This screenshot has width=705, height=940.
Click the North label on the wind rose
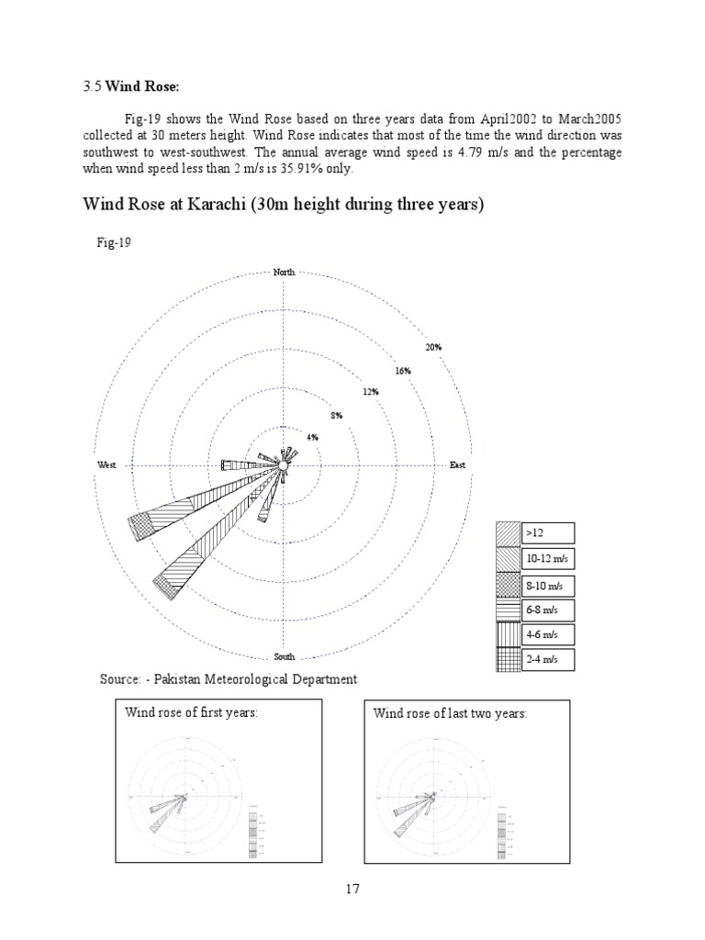pyautogui.click(x=285, y=272)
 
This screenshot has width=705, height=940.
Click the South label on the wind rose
pyautogui.click(x=285, y=657)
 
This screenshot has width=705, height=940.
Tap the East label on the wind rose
pyautogui.click(x=457, y=465)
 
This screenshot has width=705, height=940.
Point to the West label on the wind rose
pyautogui.click(x=106, y=465)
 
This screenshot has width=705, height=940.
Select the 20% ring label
pyautogui.click(x=433, y=347)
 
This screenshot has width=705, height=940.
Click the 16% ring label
pyautogui.click(x=403, y=370)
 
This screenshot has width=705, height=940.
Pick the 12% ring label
pyautogui.click(x=371, y=392)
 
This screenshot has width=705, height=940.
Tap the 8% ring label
pyautogui.click(x=337, y=415)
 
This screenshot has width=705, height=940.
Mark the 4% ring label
pyautogui.click(x=312, y=438)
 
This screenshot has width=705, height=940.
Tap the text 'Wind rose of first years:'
pyautogui.click(x=190, y=713)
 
